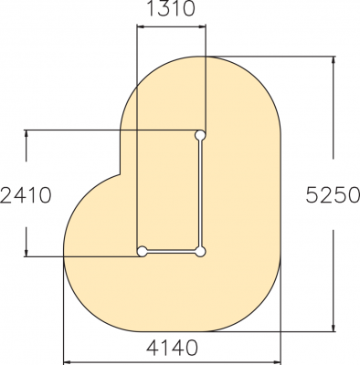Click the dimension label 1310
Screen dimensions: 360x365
[171, 8]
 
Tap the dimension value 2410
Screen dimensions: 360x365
[26, 195]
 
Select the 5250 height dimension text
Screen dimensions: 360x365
[333, 194]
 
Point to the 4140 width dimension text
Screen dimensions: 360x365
[172, 348]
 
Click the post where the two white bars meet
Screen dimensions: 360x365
[200, 252]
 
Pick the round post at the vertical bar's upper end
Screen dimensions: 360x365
[200, 135]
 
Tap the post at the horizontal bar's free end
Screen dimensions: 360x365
[142, 252]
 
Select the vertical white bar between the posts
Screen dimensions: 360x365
[200, 193]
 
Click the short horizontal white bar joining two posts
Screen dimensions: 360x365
[171, 252]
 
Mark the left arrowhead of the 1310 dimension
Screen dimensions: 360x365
[140, 26]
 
